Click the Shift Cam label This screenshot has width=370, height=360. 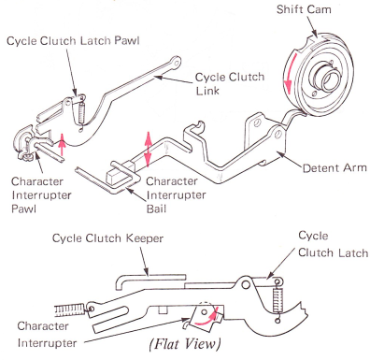pyautogui.click(x=304, y=9)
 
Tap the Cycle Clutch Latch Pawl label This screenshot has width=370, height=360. pyautogui.click(x=73, y=41)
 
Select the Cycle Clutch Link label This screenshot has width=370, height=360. pyautogui.click(x=230, y=84)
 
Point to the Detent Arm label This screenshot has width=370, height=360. pyautogui.click(x=334, y=168)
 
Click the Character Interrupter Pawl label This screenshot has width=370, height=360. pyautogui.click(x=41, y=194)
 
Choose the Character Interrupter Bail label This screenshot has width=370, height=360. pyautogui.click(x=177, y=194)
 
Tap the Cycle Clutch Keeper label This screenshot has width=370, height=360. pyautogui.click(x=107, y=238)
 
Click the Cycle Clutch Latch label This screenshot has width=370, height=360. pyautogui.click(x=333, y=244)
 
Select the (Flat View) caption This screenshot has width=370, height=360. pyautogui.click(x=185, y=344)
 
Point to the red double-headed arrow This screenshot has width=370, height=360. pyautogui.click(x=149, y=149)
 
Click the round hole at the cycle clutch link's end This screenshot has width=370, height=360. pyautogui.click(x=177, y=63)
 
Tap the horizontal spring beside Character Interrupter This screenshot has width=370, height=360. pyautogui.click(x=69, y=310)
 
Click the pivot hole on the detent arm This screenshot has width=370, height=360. pyautogui.click(x=278, y=135)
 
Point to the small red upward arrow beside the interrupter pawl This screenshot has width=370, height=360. pyautogui.click(x=63, y=144)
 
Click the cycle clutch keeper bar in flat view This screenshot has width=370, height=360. pyautogui.click(x=151, y=279)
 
